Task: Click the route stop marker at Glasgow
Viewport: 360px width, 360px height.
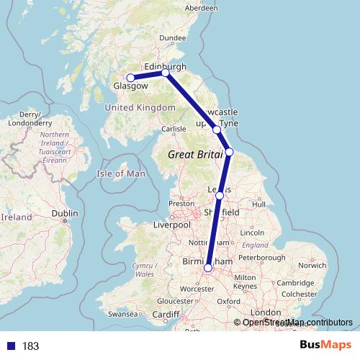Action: tap(131, 78)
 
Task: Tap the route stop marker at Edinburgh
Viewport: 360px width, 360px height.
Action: tap(166, 73)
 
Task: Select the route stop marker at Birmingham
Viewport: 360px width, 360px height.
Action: tap(208, 268)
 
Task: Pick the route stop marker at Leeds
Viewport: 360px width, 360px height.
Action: tap(220, 195)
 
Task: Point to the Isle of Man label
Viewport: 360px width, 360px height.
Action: tap(121, 174)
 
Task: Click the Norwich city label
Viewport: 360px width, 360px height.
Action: tap(311, 265)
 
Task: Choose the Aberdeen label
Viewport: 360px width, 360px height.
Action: tap(201, 8)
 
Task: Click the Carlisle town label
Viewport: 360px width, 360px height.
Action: tap(174, 130)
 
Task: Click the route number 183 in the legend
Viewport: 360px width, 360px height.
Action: tap(30, 346)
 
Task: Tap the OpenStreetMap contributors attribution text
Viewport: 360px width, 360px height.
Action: tap(297, 322)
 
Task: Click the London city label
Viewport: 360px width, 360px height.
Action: tap(266, 312)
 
